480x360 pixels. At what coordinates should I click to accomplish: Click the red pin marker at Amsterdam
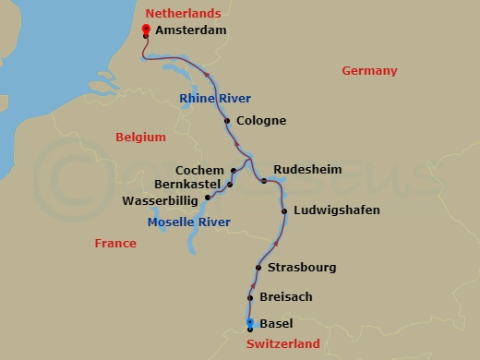(x=146, y=30)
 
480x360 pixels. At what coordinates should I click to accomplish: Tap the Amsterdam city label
(x=190, y=30)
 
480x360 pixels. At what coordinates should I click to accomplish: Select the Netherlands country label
(x=184, y=14)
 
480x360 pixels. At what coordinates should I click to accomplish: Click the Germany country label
(x=369, y=71)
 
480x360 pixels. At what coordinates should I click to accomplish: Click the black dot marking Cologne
(x=227, y=121)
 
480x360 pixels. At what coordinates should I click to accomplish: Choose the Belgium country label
(x=140, y=138)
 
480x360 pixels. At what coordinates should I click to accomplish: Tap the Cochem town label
(x=198, y=171)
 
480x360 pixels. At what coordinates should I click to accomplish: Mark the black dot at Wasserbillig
(x=208, y=197)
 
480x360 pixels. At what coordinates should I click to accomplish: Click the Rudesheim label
(x=307, y=170)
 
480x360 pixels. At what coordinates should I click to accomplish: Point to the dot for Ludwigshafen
(x=283, y=211)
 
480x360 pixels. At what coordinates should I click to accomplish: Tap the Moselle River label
(x=189, y=222)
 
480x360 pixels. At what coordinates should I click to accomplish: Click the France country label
(x=115, y=244)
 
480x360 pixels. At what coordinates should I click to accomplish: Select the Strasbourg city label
(x=301, y=268)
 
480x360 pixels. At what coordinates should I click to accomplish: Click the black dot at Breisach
(x=250, y=297)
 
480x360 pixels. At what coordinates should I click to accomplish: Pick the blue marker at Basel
(x=250, y=322)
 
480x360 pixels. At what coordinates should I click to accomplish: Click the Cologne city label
(x=260, y=121)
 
